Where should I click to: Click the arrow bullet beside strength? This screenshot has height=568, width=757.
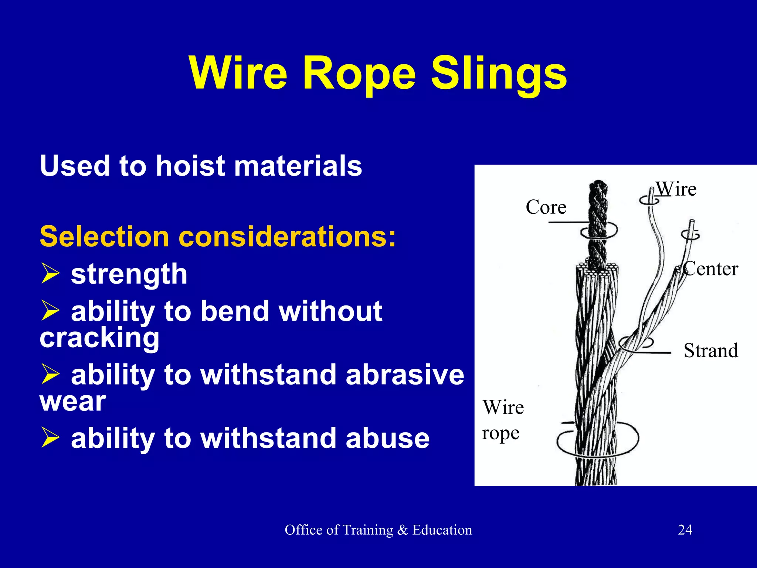click(x=50, y=273)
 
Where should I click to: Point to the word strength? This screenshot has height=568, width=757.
click(x=129, y=274)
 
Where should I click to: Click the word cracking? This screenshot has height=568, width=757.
click(x=99, y=338)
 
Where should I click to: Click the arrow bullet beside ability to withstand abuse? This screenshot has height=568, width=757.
click(x=50, y=437)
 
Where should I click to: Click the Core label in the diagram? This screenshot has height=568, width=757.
click(x=546, y=207)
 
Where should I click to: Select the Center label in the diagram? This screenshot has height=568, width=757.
click(x=711, y=269)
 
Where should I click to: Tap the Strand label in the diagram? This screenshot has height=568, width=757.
click(x=711, y=351)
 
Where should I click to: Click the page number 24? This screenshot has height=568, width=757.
click(x=685, y=530)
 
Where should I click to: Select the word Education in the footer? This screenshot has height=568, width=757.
click(x=442, y=530)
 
